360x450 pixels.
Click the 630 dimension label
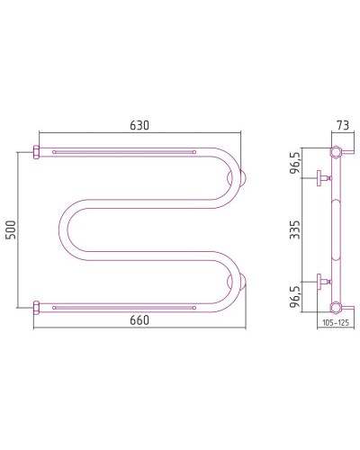pyautogui.click(x=139, y=125)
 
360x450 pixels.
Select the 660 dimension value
pyautogui.click(x=139, y=320)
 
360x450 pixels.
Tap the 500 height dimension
pyautogui.click(x=11, y=229)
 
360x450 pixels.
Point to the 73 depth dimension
pyautogui.click(x=343, y=125)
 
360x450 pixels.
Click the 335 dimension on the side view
pyautogui.click(x=294, y=229)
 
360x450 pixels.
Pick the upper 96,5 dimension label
pyautogui.click(x=295, y=164)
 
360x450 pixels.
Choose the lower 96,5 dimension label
pyautogui.click(x=295, y=296)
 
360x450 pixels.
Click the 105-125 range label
pyautogui.click(x=336, y=323)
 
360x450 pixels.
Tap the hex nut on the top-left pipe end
pyautogui.click(x=36, y=152)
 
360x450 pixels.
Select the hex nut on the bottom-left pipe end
pyautogui.click(x=36, y=308)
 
